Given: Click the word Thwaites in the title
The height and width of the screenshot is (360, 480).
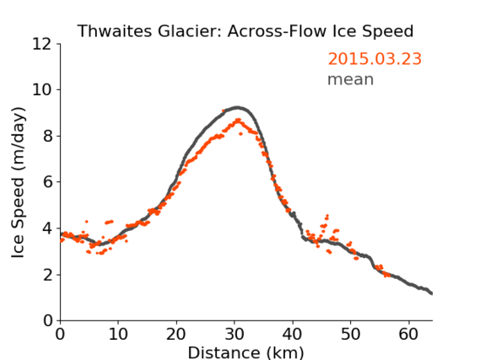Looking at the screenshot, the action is click(x=115, y=31).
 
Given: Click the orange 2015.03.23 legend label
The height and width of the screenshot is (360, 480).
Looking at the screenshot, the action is click(x=375, y=59).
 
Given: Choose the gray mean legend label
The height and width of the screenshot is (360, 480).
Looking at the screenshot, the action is click(x=351, y=79).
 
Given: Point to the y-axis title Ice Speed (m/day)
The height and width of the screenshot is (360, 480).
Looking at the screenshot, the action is click(x=18, y=182).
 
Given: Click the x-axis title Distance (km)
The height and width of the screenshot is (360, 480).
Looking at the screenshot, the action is click(x=245, y=352).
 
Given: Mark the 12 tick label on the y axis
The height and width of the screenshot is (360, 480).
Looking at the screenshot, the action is click(x=42, y=45).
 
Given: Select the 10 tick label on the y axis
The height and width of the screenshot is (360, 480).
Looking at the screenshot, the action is click(x=42, y=90).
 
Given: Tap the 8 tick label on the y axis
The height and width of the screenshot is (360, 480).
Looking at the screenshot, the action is click(x=48, y=136).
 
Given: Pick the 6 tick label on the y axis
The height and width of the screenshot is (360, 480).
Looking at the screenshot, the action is click(x=48, y=182).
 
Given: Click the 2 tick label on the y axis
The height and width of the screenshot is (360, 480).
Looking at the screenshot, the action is click(x=48, y=275).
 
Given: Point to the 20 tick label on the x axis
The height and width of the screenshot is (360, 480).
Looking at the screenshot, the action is click(x=176, y=334).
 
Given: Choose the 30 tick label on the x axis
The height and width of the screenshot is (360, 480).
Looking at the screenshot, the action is click(x=235, y=334).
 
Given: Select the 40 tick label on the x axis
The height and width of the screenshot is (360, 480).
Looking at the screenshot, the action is click(x=292, y=334).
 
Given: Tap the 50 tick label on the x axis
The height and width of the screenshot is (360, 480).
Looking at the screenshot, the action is click(x=351, y=334).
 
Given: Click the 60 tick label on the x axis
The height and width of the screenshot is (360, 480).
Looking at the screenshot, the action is click(x=408, y=334).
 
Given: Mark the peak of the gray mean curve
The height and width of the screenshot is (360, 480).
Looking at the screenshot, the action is click(x=237, y=108).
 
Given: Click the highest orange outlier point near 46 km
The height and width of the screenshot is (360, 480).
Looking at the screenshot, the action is click(x=327, y=216).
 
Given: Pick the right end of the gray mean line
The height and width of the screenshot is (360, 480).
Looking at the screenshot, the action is click(x=432, y=293).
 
